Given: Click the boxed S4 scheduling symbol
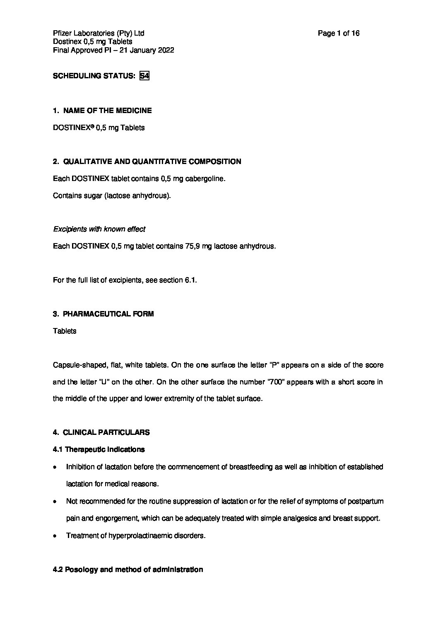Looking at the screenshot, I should coord(144,76).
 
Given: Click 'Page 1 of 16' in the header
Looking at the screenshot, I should coord(338,34).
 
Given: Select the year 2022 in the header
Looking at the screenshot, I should coord(166,51).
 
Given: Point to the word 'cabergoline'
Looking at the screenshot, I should coord(205,179).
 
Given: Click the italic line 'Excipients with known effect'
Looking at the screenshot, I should coord(99,229).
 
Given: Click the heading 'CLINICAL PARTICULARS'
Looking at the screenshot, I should coord(106,432).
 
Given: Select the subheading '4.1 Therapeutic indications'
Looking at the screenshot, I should coord(99,449).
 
